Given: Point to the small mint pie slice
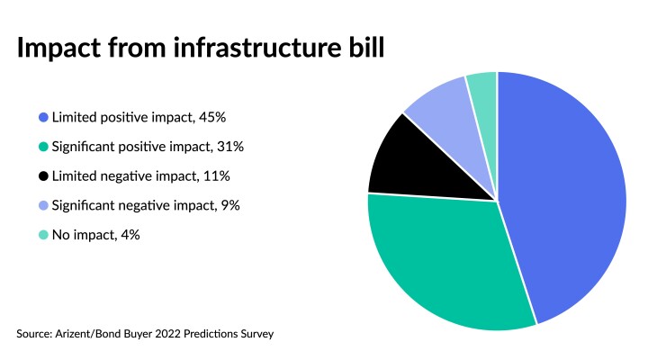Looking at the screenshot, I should (x=483, y=87).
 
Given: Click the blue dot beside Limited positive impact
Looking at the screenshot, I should (x=43, y=117).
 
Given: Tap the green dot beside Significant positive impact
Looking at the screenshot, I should (x=43, y=147).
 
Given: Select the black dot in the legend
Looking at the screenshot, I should (x=43, y=176).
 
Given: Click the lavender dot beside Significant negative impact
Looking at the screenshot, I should (x=43, y=205).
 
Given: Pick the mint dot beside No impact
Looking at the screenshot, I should (x=43, y=235).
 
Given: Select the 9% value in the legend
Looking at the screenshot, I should (x=230, y=205).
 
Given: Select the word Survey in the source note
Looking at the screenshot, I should (x=255, y=334).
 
